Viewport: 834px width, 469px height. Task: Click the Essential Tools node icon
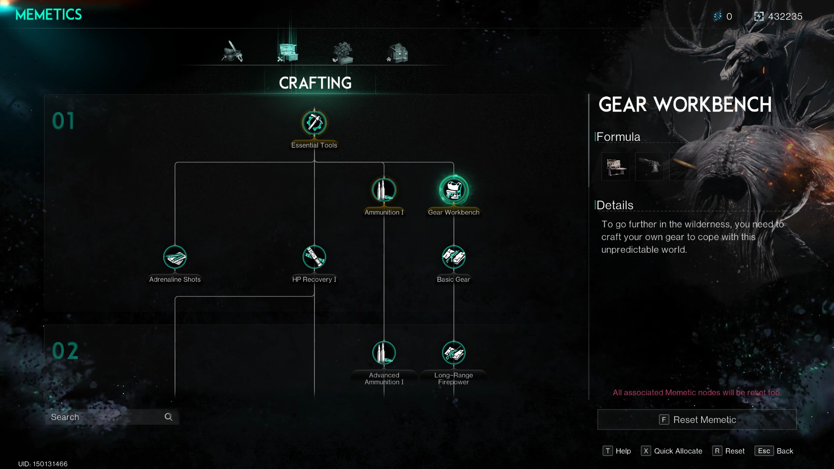(314, 123)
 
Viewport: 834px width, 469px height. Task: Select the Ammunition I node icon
(384, 190)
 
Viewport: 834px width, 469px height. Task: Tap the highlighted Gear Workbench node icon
(453, 190)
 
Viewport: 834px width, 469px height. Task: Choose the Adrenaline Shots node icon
(175, 257)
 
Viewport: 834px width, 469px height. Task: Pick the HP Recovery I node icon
(314, 257)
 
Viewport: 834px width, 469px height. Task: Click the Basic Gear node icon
(453, 257)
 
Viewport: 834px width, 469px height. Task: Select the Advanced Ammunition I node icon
(384, 353)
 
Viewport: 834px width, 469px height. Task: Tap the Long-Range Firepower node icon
(453, 353)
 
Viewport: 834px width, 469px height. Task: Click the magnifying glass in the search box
(169, 417)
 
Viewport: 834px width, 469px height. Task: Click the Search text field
(104, 417)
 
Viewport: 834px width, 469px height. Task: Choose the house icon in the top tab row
(398, 53)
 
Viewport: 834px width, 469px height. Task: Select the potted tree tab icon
(343, 53)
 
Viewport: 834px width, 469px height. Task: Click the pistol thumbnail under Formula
(649, 166)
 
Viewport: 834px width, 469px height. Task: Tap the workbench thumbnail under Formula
(616, 166)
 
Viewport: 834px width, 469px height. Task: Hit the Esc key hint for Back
(764, 451)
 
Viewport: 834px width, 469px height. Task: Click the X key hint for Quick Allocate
(646, 451)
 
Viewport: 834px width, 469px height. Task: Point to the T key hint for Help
(608, 451)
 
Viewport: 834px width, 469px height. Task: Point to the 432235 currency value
(785, 17)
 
